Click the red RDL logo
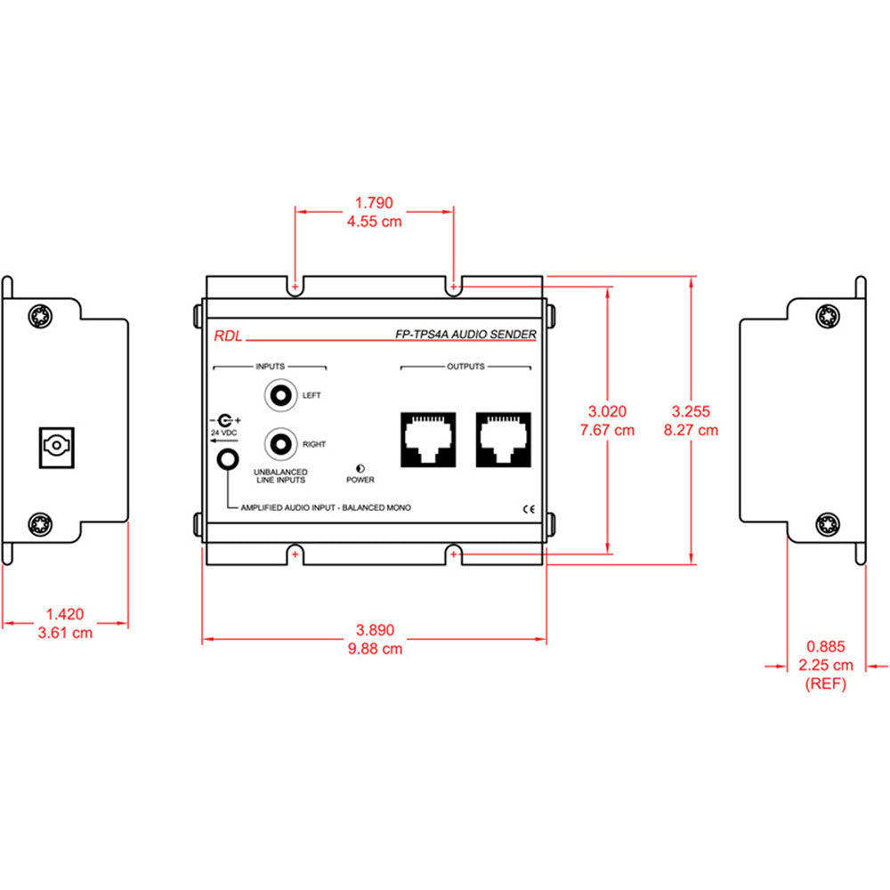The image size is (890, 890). pos(226,336)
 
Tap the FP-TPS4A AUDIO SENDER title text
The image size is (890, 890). pos(465,335)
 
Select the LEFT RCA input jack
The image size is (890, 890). pos(281,394)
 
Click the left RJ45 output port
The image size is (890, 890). pos(428,439)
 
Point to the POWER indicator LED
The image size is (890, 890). pos(360,468)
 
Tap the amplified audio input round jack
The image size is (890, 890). pos(229,459)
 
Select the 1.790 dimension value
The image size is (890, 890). pos(374,203)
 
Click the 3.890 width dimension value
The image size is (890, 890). pos(374,630)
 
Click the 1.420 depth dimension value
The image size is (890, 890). pos(64,613)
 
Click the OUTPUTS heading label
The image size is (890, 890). pos(465,366)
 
